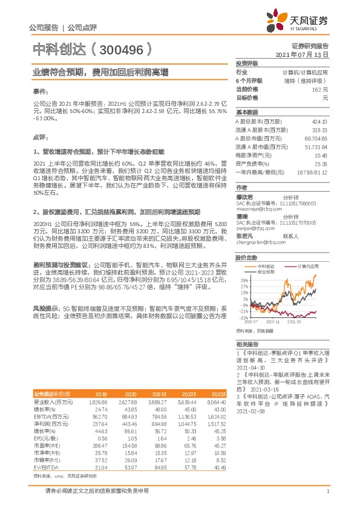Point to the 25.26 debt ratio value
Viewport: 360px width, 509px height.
click(321, 163)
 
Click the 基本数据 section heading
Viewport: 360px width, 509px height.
click(247, 112)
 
